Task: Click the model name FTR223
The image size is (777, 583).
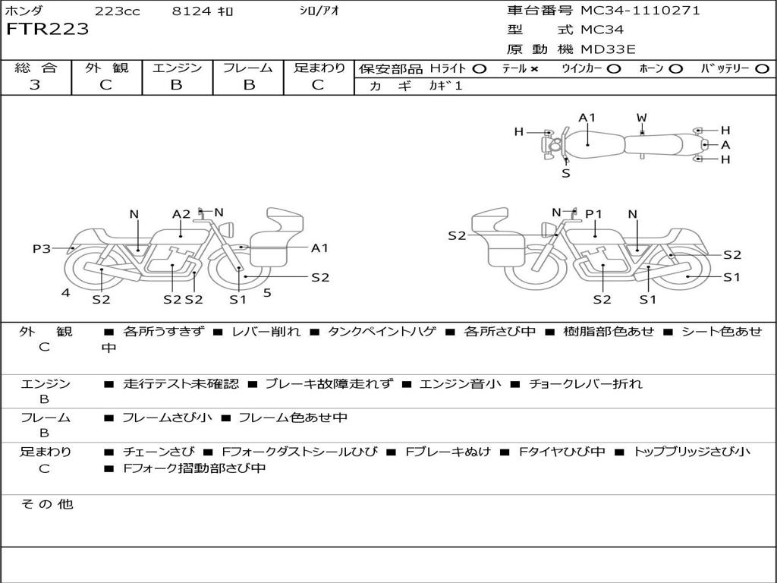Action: click(x=48, y=30)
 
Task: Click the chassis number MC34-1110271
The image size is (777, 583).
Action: click(x=640, y=11)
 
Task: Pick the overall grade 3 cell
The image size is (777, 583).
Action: click(x=35, y=85)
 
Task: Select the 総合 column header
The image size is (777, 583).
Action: click(x=35, y=68)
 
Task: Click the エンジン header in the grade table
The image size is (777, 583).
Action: click(x=177, y=68)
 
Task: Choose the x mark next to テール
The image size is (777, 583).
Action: click(x=533, y=69)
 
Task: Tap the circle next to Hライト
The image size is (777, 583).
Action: click(x=479, y=69)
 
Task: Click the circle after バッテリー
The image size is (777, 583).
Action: click(x=762, y=69)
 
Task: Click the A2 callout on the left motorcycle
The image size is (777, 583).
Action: click(x=181, y=214)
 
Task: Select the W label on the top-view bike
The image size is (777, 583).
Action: click(x=642, y=118)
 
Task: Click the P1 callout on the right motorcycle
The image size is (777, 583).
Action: click(x=593, y=214)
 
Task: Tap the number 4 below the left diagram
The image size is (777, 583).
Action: click(x=66, y=292)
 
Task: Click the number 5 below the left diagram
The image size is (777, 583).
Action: click(x=267, y=292)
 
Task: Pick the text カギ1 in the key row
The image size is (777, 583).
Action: click(x=445, y=86)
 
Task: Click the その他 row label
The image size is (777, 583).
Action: click(x=47, y=504)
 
